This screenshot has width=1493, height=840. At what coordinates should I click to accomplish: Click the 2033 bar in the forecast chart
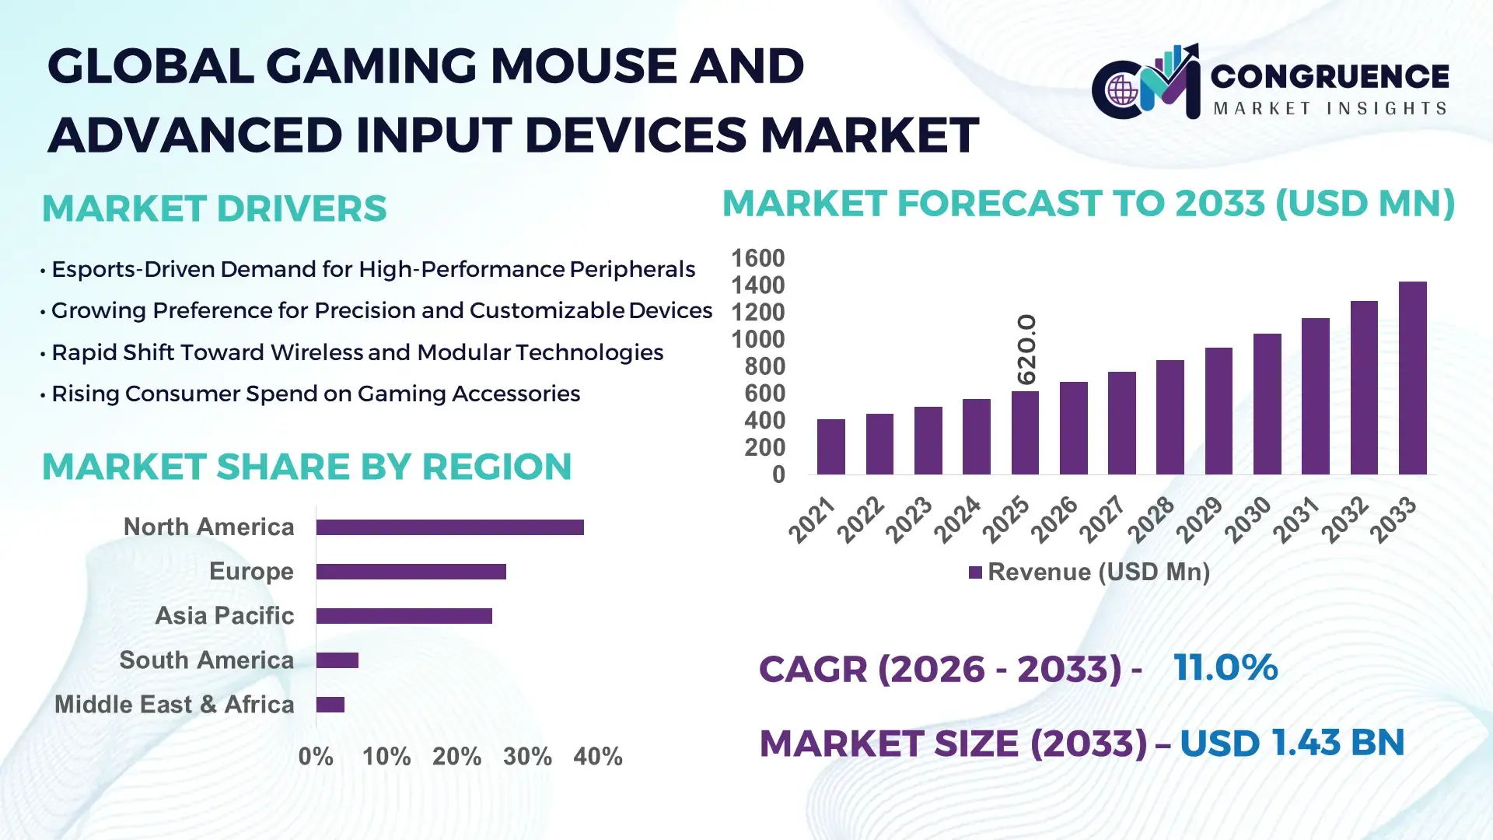pos(1412,379)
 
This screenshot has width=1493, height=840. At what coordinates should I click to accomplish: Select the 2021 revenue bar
pos(830,447)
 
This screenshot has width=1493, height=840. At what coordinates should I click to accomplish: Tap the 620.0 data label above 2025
pos(1026,349)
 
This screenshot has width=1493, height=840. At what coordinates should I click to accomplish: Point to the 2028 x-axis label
pos(1152,519)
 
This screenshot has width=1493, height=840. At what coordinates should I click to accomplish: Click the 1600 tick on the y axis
pos(757,258)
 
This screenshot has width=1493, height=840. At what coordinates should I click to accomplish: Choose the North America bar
pos(449,527)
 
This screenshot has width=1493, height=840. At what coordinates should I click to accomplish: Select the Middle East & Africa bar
pos(330,705)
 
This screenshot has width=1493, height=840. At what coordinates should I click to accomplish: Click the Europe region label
pos(251,572)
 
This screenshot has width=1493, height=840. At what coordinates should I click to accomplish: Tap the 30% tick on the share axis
pos(527,756)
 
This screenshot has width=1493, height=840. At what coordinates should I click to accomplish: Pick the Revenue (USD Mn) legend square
pos(975,572)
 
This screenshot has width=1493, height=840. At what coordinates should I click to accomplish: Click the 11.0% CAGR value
pos(1225,667)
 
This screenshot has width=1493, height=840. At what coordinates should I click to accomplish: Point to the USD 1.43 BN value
pos(1292,743)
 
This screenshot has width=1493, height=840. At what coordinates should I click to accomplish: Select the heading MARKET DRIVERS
pos(214,208)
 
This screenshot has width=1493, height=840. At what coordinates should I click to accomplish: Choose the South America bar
pos(337,660)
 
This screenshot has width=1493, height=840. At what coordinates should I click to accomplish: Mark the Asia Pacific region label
pos(224,616)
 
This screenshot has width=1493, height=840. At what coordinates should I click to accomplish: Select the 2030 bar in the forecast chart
pos(1267,404)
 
